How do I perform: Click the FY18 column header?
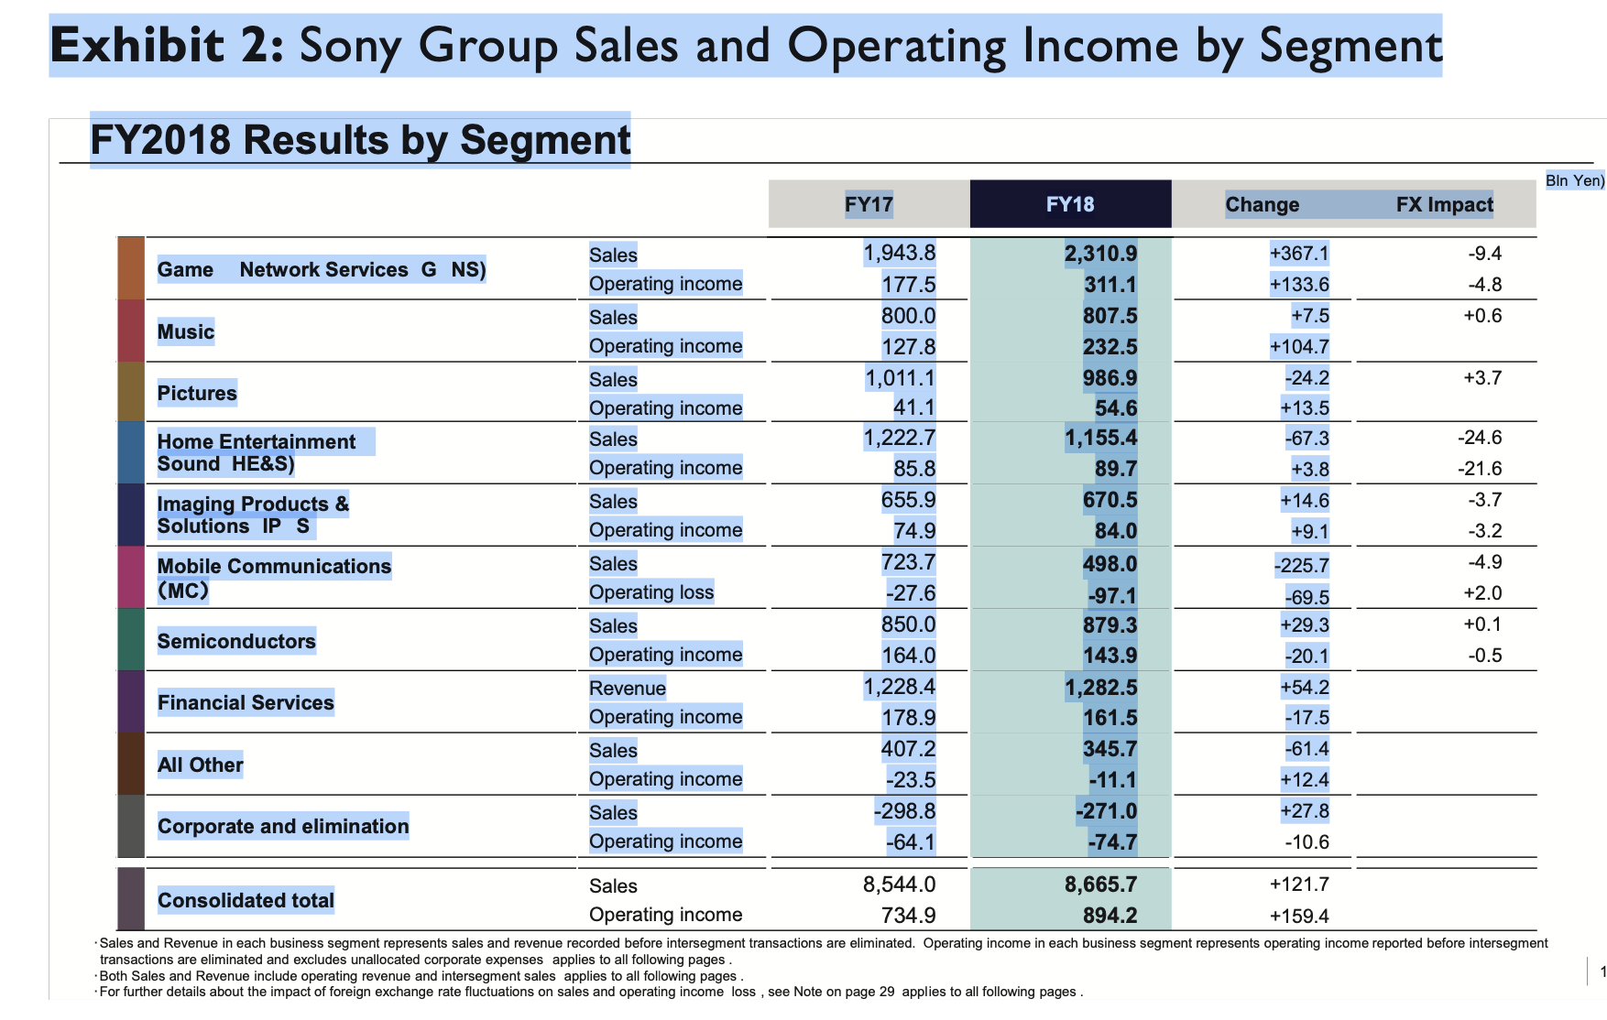[1070, 204]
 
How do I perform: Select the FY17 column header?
[869, 204]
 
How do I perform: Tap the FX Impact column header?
[1444, 204]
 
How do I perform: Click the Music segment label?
[186, 331]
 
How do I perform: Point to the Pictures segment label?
[197, 393]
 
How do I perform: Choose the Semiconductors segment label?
[236, 641]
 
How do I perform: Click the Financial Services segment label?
[246, 702]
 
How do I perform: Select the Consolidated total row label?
[246, 900]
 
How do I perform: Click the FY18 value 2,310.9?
[1100, 254]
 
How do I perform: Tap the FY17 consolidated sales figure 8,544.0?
[899, 884]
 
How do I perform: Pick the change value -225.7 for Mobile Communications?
[1301, 566]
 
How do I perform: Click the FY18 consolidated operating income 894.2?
[1110, 916]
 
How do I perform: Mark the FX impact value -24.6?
[1480, 438]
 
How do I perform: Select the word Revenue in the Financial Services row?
[628, 688]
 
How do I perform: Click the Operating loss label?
[651, 592]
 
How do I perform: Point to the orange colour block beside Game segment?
[131, 268]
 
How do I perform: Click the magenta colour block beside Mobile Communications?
[131, 577]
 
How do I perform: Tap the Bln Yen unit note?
[1574, 180]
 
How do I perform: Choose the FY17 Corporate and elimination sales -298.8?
[904, 811]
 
